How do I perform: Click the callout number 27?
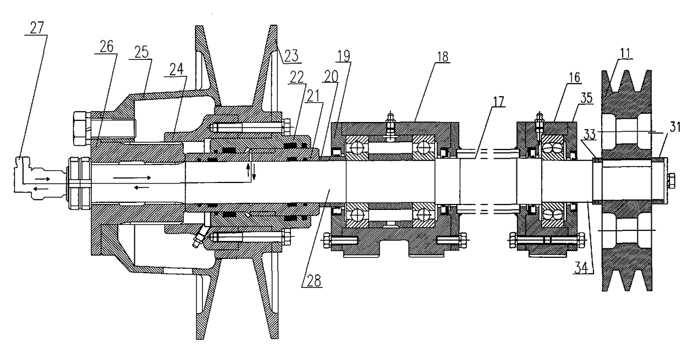37,28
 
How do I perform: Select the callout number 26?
106,47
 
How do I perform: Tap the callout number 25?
141,52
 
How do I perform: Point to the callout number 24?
177,70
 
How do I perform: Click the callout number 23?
291,56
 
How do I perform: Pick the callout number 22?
296,77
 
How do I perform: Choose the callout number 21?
313,96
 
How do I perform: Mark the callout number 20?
331,77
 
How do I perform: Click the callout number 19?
344,56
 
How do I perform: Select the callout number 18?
443,57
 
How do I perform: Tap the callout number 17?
498,101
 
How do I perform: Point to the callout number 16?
574,78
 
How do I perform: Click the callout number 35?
586,98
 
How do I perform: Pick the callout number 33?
589,135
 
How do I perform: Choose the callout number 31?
675,126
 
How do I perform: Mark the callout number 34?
581,268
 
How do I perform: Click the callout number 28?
314,280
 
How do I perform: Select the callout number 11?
625,53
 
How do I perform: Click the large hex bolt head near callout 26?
82,128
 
